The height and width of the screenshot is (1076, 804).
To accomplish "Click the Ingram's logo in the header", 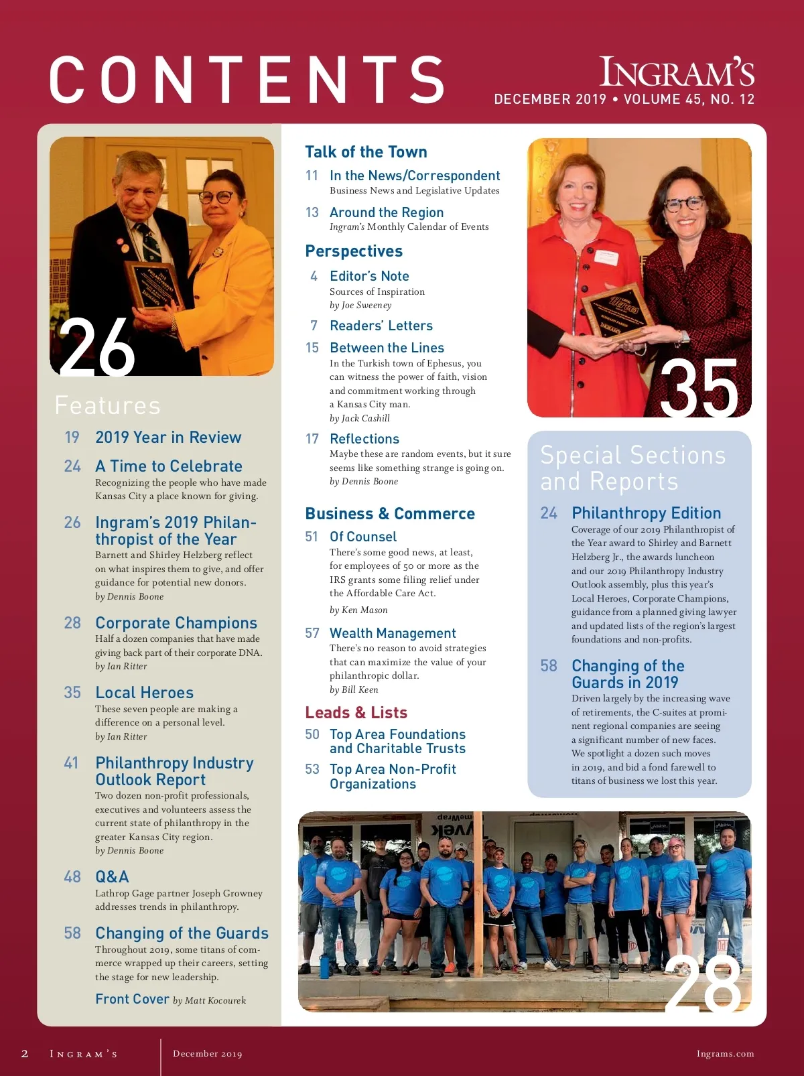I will pos(677,72).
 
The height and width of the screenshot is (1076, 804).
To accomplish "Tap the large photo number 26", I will pos(96,348).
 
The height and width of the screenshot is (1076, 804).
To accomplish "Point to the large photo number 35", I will pos(699,388).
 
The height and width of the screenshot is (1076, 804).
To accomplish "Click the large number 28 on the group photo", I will pos(703,984).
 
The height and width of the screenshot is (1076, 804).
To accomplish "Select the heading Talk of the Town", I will pos(366,152).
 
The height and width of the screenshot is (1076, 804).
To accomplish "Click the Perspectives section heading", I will pos(354,251).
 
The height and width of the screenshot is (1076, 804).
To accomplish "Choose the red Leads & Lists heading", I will pos(356,713).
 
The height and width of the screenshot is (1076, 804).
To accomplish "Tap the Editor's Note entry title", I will pos(369,276).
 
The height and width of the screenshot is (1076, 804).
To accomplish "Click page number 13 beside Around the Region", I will pos(312,212).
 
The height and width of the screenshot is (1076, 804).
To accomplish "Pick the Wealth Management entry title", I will pos(393,633).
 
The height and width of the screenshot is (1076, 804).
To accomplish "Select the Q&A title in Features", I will pos(112,877).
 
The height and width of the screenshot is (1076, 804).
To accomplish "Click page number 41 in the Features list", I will pos(71,763).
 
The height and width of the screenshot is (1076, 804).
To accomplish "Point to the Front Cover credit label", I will pos(132,999).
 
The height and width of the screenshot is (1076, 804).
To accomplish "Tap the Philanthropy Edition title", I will pos(646,513).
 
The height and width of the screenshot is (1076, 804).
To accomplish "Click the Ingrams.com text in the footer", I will pos(725,1054).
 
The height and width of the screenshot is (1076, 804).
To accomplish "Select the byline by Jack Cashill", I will pos(360,418).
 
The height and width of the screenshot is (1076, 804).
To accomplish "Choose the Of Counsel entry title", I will pos(363,537).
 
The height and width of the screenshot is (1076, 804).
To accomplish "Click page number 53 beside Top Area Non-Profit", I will pos(312,769).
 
